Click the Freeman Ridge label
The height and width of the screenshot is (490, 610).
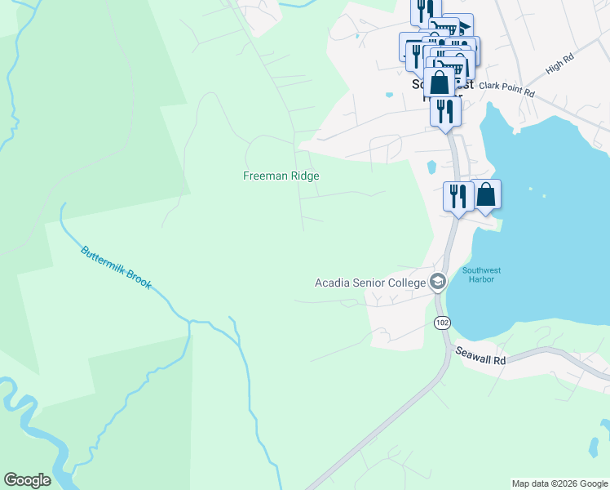tap(281, 176)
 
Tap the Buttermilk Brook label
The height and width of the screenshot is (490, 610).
tap(116, 266)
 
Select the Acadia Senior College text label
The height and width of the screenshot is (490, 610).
tap(371, 283)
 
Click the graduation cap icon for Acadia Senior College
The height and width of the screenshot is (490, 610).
tap(438, 282)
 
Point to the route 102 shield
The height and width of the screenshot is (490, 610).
tap(442, 323)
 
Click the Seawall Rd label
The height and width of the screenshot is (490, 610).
tap(481, 359)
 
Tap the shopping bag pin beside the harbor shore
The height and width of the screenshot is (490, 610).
tap(485, 195)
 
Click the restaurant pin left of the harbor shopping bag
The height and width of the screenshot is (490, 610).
tap(458, 197)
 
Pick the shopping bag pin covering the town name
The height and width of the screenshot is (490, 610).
tap(440, 82)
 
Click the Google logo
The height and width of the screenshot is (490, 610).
tap(26, 480)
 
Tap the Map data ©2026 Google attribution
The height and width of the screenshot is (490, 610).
tap(558, 483)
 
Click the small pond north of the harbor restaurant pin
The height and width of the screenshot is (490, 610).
tap(431, 167)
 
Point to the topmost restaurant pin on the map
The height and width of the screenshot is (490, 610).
tap(425, 11)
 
